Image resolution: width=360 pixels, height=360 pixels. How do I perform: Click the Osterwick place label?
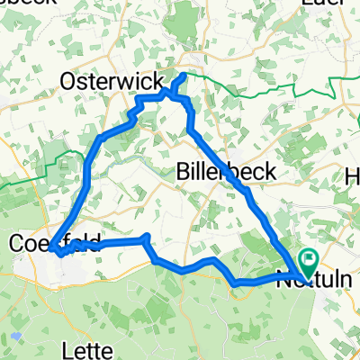pos(105,82)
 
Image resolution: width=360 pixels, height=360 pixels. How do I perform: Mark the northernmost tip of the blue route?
pos(184,75)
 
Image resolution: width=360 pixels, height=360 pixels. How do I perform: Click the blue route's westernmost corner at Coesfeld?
pos(51,245)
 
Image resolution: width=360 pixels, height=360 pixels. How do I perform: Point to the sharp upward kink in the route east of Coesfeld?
pos(146,238)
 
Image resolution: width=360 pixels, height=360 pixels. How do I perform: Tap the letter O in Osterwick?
pos(67,82)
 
